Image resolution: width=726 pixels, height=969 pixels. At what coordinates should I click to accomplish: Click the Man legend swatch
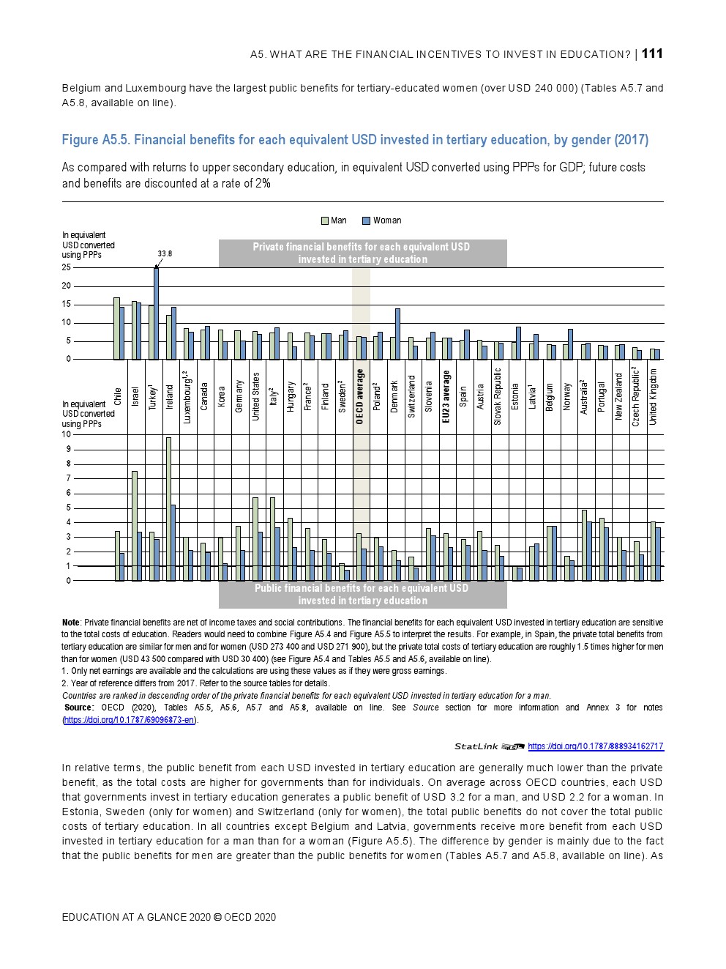[x=326, y=220]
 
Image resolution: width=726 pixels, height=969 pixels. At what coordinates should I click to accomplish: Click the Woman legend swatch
[x=366, y=220]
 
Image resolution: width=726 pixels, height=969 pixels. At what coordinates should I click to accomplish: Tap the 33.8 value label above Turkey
[x=165, y=253]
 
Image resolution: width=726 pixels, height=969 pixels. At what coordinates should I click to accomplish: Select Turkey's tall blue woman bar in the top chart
[x=156, y=313]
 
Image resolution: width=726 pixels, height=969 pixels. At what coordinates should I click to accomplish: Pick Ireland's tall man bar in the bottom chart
[x=168, y=509]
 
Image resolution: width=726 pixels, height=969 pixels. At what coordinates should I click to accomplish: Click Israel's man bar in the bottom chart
[x=134, y=526]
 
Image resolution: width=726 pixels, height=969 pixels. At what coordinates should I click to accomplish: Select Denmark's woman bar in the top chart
[x=397, y=333]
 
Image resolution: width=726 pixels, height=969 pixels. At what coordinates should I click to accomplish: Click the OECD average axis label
[x=359, y=397]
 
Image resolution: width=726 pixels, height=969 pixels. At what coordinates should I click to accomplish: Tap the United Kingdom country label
[x=654, y=396]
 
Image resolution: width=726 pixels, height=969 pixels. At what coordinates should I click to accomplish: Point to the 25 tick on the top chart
[x=67, y=267]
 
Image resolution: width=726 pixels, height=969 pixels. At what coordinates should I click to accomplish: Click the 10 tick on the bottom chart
[x=67, y=434]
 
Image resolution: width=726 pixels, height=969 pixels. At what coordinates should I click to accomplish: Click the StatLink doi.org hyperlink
[x=595, y=746]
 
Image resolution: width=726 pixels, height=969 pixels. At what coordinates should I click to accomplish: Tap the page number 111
[x=652, y=53]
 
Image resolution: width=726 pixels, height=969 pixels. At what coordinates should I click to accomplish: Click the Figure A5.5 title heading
[x=355, y=140]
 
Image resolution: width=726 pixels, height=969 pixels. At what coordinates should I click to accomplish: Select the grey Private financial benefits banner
[x=362, y=253]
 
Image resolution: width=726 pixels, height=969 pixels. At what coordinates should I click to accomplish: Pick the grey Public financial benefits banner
[x=362, y=594]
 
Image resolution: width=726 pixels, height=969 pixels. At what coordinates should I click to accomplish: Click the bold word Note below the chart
[x=71, y=623]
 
